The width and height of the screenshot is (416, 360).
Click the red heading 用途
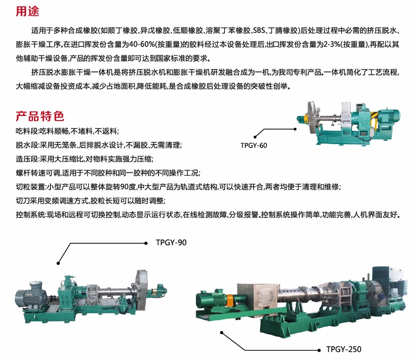[x=27, y=11]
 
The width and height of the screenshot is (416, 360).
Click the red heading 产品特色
[x=40, y=116]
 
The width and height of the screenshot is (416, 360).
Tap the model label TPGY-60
[x=254, y=145]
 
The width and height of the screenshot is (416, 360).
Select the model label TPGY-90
[x=171, y=242]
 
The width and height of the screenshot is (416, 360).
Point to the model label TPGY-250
[x=344, y=349]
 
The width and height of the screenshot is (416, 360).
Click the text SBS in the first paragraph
[x=259, y=30]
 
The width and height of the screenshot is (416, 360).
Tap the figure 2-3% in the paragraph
[x=332, y=45]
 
